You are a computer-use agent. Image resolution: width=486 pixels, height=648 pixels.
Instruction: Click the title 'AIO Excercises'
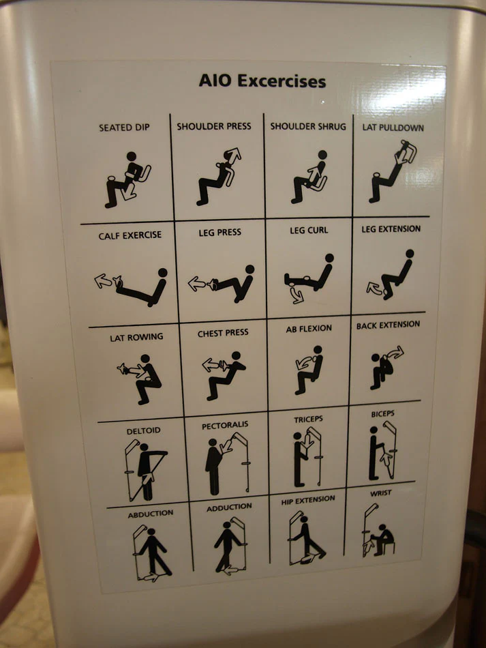[262, 81]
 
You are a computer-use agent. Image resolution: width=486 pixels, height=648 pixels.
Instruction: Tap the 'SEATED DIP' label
[124, 128]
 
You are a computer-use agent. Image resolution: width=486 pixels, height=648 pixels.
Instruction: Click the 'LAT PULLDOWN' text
[393, 128]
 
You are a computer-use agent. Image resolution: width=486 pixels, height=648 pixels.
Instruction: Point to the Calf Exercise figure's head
[163, 273]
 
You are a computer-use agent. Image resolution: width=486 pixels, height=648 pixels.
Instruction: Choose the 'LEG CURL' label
[309, 230]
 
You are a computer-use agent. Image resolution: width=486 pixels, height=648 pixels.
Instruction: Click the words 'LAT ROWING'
[136, 338]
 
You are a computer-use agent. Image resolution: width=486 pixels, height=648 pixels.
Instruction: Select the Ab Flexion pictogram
[309, 370]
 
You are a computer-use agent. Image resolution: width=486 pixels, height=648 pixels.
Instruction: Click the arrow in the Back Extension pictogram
[395, 353]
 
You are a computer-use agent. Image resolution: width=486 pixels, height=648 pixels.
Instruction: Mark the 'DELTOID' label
[143, 430]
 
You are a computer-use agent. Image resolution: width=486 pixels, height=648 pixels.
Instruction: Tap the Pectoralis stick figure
[213, 467]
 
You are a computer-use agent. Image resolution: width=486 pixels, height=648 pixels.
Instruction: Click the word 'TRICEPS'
[308, 419]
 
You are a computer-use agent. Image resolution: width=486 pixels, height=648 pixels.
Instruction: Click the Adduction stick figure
[227, 546]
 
